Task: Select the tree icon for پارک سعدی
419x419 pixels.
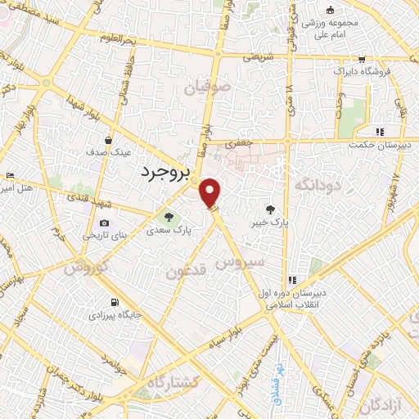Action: pyautogui.click(x=169, y=218)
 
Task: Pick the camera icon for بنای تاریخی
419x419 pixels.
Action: pyautogui.click(x=104, y=223)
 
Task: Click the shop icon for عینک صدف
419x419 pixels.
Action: pyautogui.click(x=108, y=141)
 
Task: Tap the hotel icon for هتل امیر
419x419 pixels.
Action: pyautogui.click(x=10, y=176)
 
